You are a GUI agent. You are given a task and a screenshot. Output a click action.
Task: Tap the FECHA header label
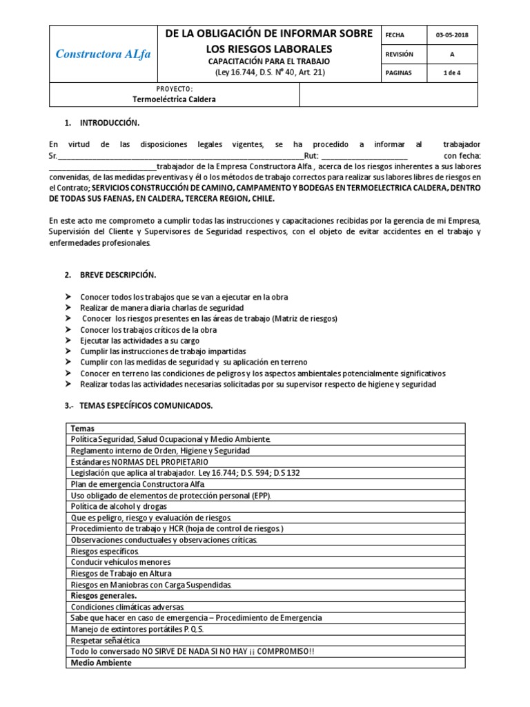click(x=395, y=35)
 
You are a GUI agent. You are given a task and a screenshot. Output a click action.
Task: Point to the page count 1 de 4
click(x=452, y=72)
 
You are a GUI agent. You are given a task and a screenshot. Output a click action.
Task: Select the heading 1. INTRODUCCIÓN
click(x=101, y=123)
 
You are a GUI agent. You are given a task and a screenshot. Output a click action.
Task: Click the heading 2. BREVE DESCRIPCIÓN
click(x=109, y=274)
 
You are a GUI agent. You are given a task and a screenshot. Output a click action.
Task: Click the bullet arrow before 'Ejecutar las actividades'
click(x=68, y=341)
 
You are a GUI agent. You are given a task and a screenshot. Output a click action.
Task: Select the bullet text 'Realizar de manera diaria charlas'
click(x=161, y=308)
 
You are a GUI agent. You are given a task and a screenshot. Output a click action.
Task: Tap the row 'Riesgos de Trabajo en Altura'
click(x=121, y=573)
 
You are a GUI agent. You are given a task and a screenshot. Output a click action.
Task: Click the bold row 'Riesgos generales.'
click(x=104, y=595)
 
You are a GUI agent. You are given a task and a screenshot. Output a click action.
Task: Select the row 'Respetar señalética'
click(x=106, y=641)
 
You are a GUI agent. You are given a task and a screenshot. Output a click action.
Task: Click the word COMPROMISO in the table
click(x=273, y=652)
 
